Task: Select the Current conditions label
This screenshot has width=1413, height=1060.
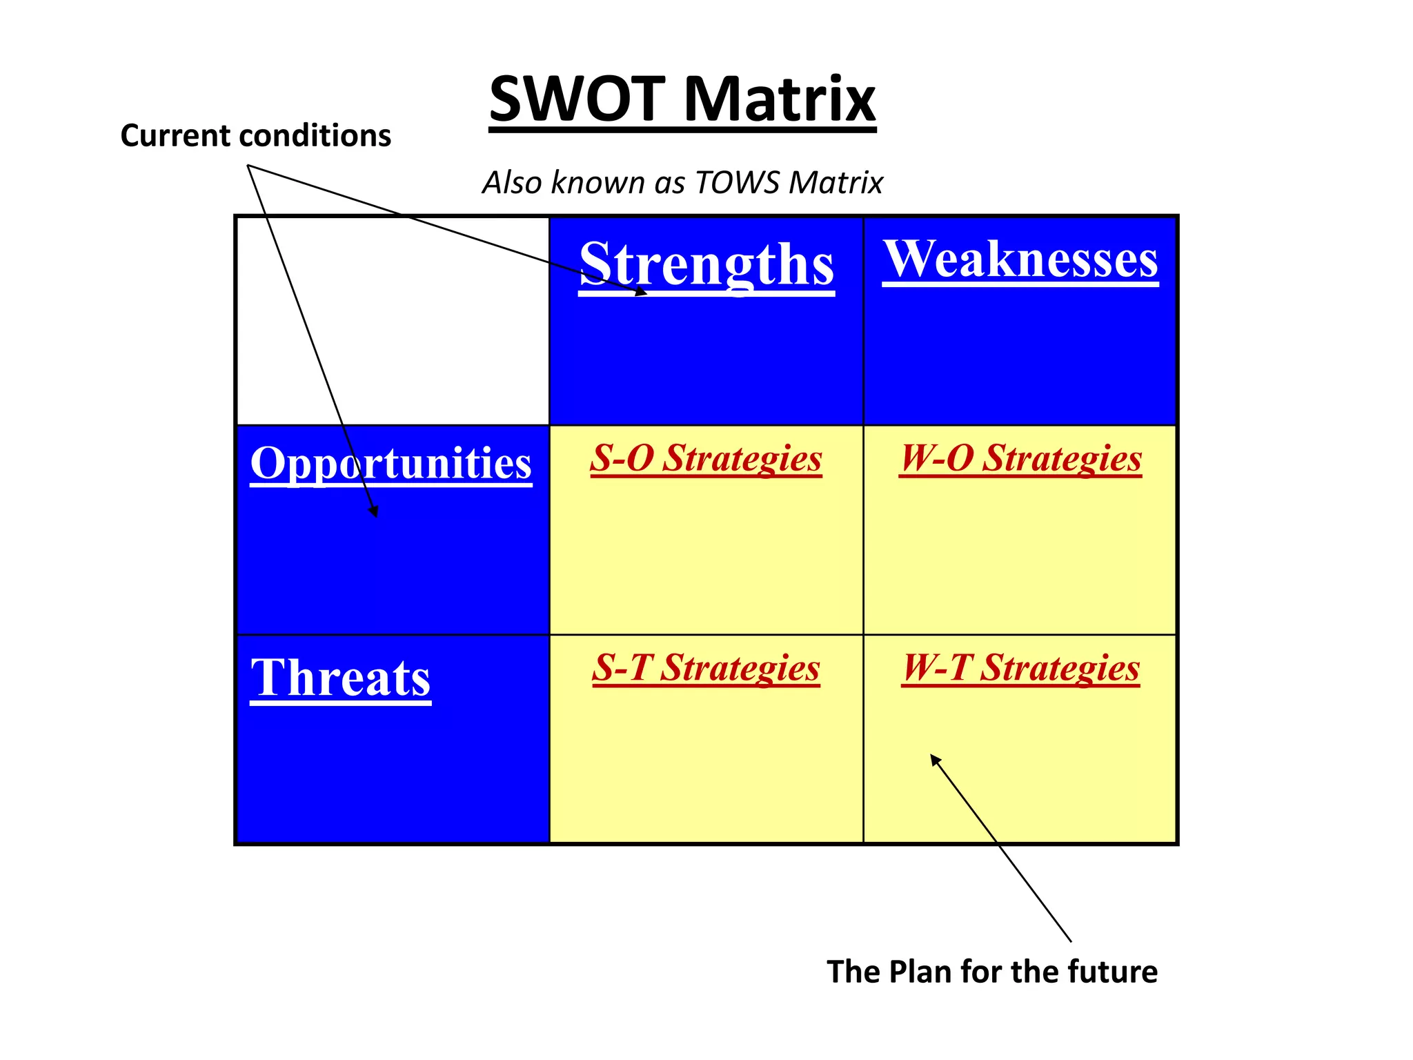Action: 255,135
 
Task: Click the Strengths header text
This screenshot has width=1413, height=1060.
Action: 706,264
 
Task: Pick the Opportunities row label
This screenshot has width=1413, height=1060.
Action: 391,462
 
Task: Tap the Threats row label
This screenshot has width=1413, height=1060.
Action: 340,678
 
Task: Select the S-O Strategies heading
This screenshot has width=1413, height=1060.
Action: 706,458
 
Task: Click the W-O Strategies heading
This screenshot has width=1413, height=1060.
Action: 1020,458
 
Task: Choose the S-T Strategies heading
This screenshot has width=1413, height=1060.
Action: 706,668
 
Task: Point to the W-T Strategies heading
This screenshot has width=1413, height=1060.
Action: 1020,668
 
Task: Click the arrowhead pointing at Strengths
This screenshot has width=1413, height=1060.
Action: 642,292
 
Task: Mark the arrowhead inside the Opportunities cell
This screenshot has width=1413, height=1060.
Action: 375,511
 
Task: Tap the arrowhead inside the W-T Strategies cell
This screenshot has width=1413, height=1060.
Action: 935,760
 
